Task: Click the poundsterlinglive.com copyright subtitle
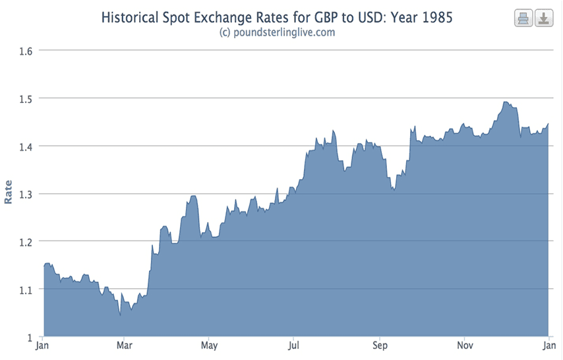[277, 32]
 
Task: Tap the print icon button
[523, 18]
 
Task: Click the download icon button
[543, 18]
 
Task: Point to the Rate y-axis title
[9, 192]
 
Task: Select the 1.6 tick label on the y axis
[27, 50]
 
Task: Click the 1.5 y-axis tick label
[27, 98]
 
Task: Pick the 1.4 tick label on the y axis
[27, 146]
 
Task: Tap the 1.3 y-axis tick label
[27, 194]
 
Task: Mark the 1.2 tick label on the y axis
[27, 241]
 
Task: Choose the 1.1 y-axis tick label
[27, 289]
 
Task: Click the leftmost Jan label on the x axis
[42, 345]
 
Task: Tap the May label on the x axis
[209, 345]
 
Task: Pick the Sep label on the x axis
[380, 345]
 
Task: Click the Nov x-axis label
[465, 345]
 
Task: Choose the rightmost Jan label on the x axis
[548, 345]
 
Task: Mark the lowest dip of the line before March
[120, 315]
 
